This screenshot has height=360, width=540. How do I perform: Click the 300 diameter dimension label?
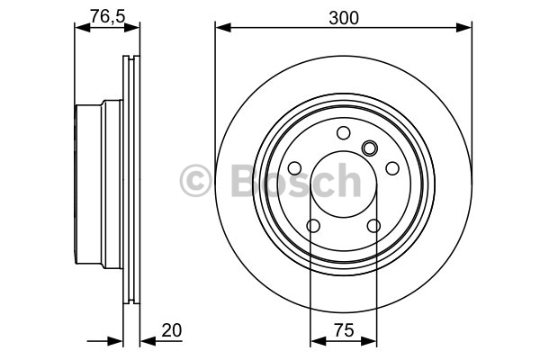click(x=344, y=18)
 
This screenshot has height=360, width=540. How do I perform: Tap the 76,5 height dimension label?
click(x=107, y=16)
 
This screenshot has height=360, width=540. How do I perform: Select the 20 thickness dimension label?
click(x=172, y=330)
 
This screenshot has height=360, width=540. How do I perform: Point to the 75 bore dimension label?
click(x=344, y=330)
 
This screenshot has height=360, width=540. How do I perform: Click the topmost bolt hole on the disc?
click(x=344, y=132)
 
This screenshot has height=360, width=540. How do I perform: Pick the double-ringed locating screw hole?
click(x=370, y=148)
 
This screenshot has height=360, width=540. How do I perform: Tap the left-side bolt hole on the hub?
click(x=294, y=168)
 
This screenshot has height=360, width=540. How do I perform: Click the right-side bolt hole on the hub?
click(x=392, y=168)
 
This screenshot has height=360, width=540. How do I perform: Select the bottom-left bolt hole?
click(x=313, y=226)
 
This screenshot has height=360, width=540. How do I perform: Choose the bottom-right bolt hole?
click(x=373, y=226)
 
